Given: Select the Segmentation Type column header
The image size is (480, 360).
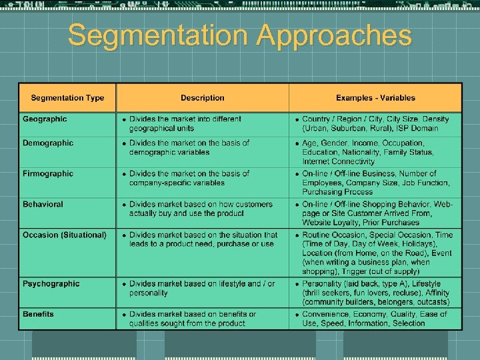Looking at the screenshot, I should (67, 98).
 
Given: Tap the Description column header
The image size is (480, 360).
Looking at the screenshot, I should (202, 98).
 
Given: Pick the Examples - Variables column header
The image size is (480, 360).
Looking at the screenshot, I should (375, 98).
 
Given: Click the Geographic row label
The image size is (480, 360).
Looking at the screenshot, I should (45, 119).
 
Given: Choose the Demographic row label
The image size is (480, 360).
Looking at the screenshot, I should (48, 143).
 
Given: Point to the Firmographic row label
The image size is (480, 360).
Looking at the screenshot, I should (48, 174).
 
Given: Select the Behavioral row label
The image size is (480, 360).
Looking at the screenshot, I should (43, 205).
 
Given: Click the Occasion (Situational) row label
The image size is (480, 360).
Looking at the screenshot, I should (64, 235).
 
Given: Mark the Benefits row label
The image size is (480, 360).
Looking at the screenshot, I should (38, 314).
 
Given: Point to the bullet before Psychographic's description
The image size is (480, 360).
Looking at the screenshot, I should (123, 285).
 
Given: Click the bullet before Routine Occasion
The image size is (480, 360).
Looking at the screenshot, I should (297, 236).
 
